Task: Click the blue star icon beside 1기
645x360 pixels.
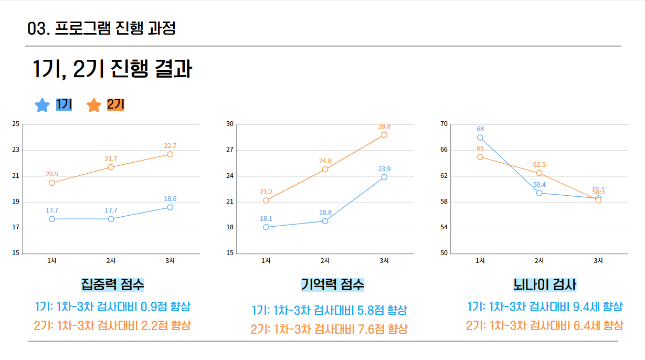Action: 43,105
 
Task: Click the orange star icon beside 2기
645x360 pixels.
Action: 94,105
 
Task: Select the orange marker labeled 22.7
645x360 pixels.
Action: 170,154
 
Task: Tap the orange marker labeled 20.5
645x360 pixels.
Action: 52,183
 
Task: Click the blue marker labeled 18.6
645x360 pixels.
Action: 170,207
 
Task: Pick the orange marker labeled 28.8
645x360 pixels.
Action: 384,135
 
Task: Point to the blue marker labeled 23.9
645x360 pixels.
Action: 384,177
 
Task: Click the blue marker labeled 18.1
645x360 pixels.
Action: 266,227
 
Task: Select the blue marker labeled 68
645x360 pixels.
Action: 480,137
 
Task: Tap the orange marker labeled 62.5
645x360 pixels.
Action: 539,173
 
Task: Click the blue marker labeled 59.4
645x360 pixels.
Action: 539,193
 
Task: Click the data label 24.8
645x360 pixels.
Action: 325,161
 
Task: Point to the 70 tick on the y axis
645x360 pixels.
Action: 444,124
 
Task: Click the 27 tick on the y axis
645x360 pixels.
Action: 230,150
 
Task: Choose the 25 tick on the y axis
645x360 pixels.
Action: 16,124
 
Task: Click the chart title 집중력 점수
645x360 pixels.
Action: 112,284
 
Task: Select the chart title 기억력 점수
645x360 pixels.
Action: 332,285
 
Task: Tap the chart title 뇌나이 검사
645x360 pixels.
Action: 545,285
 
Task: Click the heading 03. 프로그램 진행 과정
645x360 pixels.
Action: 101,28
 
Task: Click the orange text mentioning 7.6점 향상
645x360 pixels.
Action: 329,330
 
